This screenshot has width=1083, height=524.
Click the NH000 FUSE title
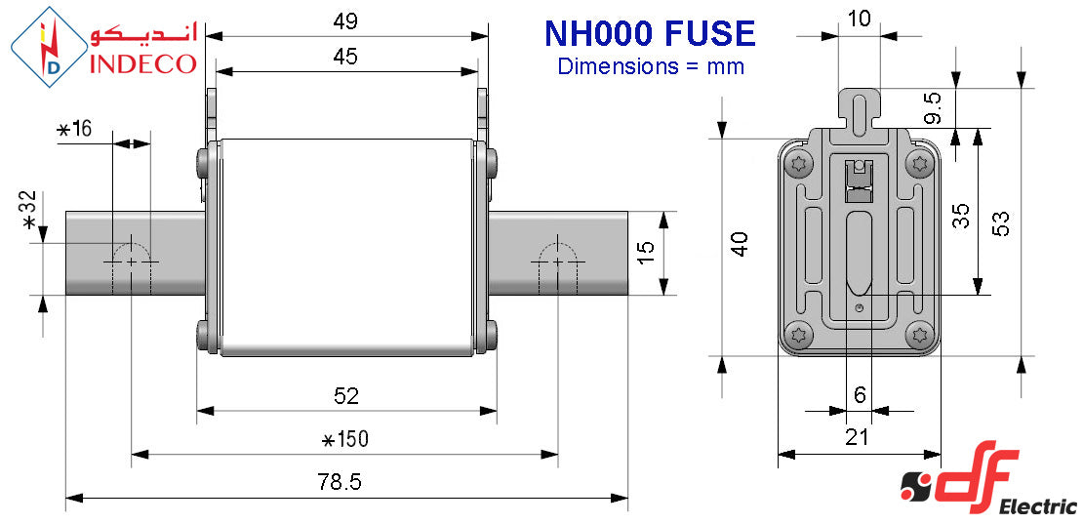649,34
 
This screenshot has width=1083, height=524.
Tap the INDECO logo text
143,63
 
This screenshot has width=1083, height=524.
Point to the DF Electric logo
985,485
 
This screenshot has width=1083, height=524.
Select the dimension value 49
344,20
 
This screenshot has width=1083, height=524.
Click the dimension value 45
344,57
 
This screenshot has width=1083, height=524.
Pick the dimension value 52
346,396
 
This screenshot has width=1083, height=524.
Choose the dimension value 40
740,244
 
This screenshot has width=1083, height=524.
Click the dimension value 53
1001,222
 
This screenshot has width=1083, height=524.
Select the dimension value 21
857,438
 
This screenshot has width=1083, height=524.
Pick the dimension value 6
859,395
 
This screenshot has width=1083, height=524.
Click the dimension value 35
961,215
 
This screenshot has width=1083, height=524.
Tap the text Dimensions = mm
651,66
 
